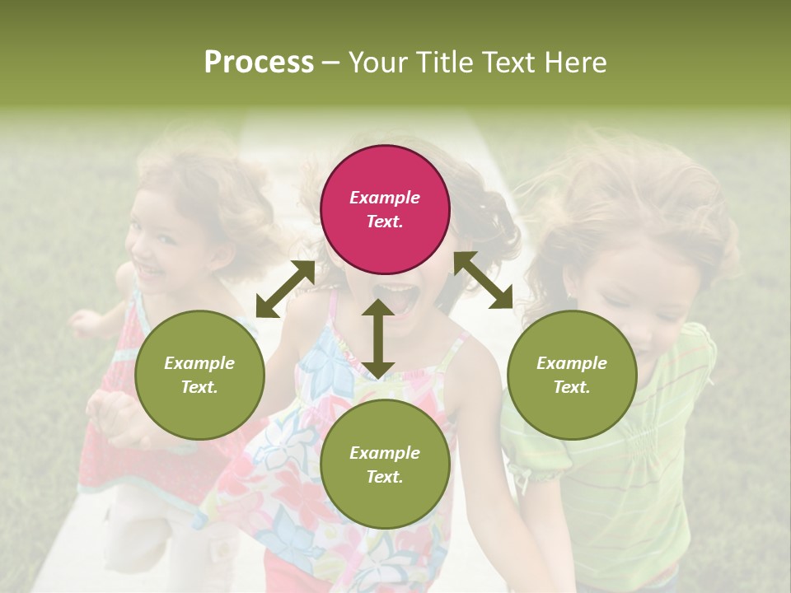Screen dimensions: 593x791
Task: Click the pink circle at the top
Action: [x=385, y=209]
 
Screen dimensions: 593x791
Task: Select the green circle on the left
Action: [x=199, y=375]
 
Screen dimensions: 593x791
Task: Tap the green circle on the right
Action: [x=572, y=375]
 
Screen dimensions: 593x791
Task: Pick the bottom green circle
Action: [x=385, y=465]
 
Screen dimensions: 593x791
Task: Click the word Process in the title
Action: [x=259, y=63]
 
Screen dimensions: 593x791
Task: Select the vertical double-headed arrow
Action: [x=378, y=339]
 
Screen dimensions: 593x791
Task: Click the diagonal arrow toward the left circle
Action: [x=285, y=289]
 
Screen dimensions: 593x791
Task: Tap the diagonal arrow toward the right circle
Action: [x=483, y=280]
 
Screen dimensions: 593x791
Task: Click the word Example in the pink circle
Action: [x=385, y=198]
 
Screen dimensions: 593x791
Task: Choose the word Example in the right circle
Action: [x=572, y=363]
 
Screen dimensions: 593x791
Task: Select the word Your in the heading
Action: [x=376, y=63]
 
